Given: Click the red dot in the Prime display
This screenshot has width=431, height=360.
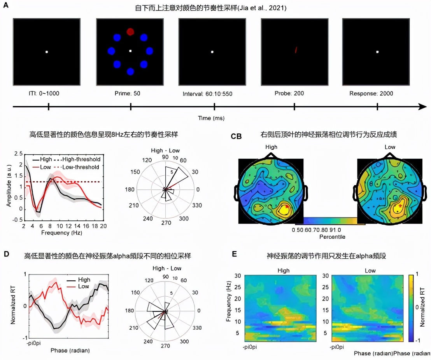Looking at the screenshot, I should click(x=130, y=31).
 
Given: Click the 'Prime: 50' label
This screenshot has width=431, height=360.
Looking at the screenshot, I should click(x=130, y=93).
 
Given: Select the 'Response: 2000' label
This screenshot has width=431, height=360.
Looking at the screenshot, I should click(x=377, y=93).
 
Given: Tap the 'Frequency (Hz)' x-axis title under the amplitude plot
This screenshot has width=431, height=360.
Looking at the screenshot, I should click(x=60, y=233).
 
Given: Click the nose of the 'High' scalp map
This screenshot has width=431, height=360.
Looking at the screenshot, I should click(x=271, y=156).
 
